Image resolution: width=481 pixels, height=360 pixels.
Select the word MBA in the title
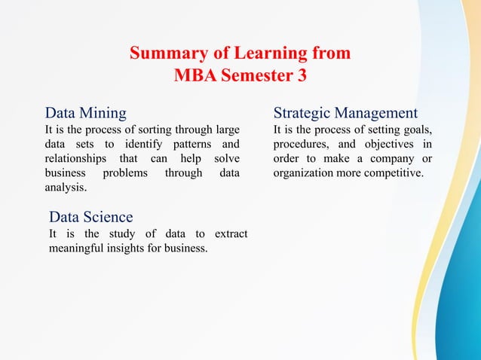(x=194, y=76)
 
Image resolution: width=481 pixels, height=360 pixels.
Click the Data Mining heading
(x=86, y=114)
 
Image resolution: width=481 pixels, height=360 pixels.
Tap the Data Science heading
(x=90, y=218)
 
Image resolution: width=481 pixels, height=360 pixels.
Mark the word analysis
(x=66, y=187)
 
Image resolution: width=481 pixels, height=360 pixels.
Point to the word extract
(x=231, y=233)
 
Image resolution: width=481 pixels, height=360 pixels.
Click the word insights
(x=136, y=248)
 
